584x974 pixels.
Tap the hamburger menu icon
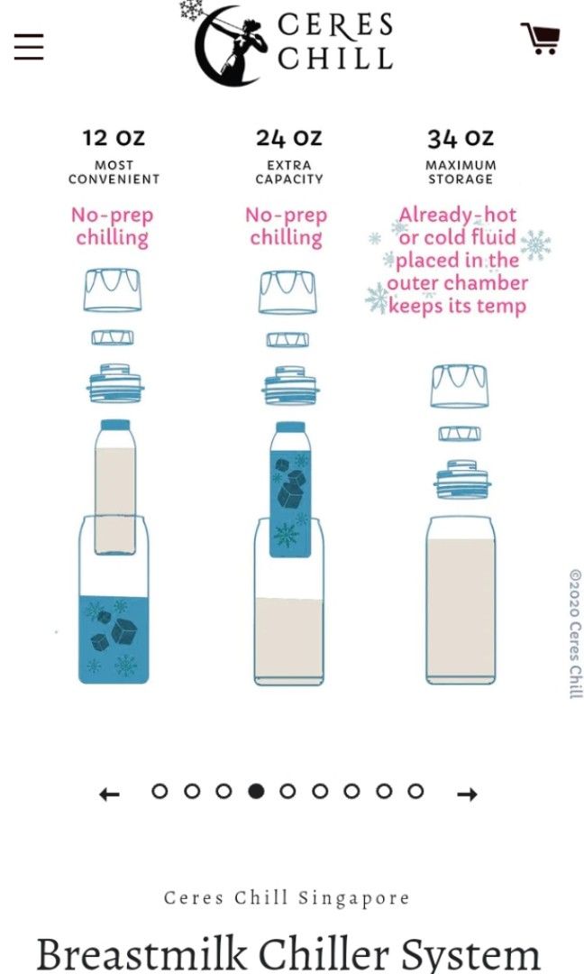click(x=29, y=47)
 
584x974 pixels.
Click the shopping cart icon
click(x=541, y=38)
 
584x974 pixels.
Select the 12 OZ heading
click(x=114, y=137)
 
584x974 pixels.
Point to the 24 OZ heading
click(x=288, y=137)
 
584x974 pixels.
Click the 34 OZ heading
click(x=461, y=138)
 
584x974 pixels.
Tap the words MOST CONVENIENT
click(x=114, y=172)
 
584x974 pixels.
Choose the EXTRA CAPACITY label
click(x=289, y=172)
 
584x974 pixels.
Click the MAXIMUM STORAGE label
click(x=461, y=172)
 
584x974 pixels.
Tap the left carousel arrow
click(x=109, y=794)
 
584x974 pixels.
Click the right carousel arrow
click(x=468, y=794)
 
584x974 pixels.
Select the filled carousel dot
click(x=256, y=791)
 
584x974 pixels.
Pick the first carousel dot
click(x=160, y=791)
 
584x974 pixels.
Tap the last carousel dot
click(x=415, y=791)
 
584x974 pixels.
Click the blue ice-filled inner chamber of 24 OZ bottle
click(x=290, y=503)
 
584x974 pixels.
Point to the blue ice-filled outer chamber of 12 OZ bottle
click(x=114, y=639)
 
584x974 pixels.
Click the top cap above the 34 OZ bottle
click(x=460, y=386)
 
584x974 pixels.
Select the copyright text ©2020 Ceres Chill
click(x=576, y=634)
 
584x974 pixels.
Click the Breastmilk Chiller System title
click(x=288, y=954)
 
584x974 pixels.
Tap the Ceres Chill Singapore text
click(x=287, y=897)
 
